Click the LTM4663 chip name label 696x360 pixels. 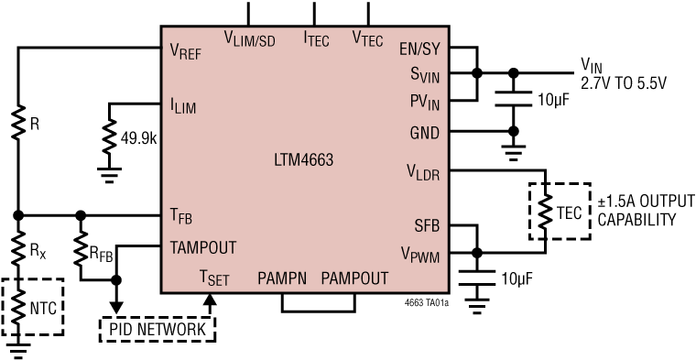tap(303, 160)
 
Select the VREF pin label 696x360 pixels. tap(187, 52)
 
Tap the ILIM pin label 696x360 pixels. tap(182, 106)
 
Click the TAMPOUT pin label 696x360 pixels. tap(202, 247)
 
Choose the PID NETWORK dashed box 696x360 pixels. tap(158, 327)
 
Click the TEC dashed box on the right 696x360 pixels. tap(559, 212)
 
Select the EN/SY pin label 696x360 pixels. tap(420, 49)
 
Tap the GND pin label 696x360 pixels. tap(425, 132)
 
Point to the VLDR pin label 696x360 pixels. tap(423, 171)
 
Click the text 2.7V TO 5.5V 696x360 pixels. tap(624, 82)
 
